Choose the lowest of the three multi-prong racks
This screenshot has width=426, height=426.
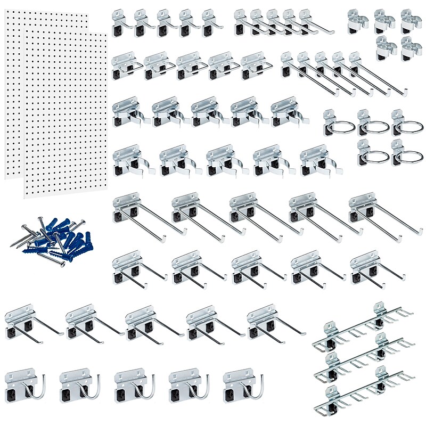pyautogui.click(x=367, y=391)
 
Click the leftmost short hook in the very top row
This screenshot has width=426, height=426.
pyautogui.click(x=121, y=24)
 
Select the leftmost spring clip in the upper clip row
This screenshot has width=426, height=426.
pyautogui.click(x=128, y=112)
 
